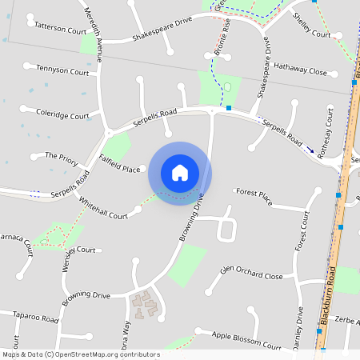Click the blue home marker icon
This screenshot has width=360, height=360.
[180, 172]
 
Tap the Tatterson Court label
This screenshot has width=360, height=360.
[60, 30]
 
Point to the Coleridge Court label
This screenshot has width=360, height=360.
[62, 115]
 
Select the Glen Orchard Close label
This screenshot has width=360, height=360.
[252, 275]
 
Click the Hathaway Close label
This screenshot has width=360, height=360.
[301, 72]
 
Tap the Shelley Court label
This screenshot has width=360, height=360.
[312, 34]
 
